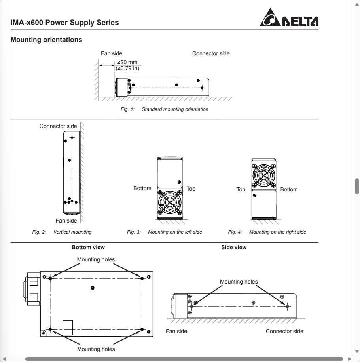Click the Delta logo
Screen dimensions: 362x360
tap(289, 18)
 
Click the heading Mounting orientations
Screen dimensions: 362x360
tap(46, 40)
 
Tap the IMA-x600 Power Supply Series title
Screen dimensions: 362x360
tap(64, 22)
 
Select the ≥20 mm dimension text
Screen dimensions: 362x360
tap(127, 63)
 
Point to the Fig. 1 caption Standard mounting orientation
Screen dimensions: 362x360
tap(175, 109)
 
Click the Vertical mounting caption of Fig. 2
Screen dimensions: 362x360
tap(72, 232)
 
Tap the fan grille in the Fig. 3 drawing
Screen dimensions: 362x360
tap(170, 202)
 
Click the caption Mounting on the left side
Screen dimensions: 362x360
tap(175, 232)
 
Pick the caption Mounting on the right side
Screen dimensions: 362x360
tap(278, 232)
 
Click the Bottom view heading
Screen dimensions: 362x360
tap(88, 247)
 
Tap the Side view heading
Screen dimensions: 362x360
tap(234, 247)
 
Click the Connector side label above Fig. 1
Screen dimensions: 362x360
tap(211, 53)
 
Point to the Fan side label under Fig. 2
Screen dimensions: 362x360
tap(66, 221)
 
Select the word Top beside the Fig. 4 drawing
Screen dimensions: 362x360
tap(241, 189)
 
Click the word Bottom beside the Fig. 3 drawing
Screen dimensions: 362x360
tap(142, 188)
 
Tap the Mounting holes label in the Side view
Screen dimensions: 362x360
tap(239, 282)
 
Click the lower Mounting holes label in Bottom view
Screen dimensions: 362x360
tap(96, 349)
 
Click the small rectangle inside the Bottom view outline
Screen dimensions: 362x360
tap(68, 328)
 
